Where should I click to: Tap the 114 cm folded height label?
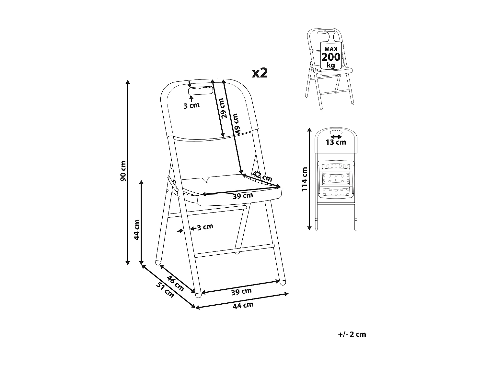304,179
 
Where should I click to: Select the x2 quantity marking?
260,73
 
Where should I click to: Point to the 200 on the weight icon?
330,57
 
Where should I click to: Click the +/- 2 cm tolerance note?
352,334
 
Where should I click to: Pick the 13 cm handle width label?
336,142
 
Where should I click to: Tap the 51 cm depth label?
165,290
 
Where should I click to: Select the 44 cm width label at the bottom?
243,305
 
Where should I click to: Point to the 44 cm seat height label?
137,230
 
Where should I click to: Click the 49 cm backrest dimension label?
236,123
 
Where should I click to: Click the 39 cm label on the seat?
243,196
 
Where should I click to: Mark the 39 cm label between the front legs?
241,292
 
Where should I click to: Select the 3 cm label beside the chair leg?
205,227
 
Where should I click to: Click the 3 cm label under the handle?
191,105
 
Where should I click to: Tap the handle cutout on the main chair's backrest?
201,91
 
